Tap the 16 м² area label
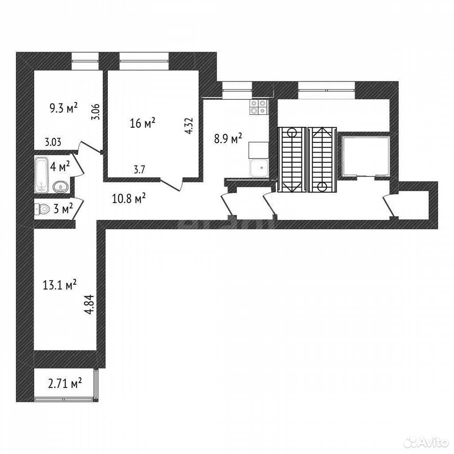pos(142,123)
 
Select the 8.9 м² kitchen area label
pos(228,139)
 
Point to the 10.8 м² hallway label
pos(129,199)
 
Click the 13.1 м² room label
pos(60,285)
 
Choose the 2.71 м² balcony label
pos(65,384)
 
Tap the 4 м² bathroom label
pos(60,166)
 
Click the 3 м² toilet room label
pos(63,209)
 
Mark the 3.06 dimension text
pos(96,112)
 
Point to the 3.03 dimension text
pos(53,142)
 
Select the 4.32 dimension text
pos(189,125)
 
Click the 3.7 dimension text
pos(139,169)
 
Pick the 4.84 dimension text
pos(90,304)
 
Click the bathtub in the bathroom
pos(41,175)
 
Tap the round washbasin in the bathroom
pos(61,187)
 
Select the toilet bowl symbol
pos(42,209)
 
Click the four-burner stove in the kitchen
pos(258,107)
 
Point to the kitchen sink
pos(260,168)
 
